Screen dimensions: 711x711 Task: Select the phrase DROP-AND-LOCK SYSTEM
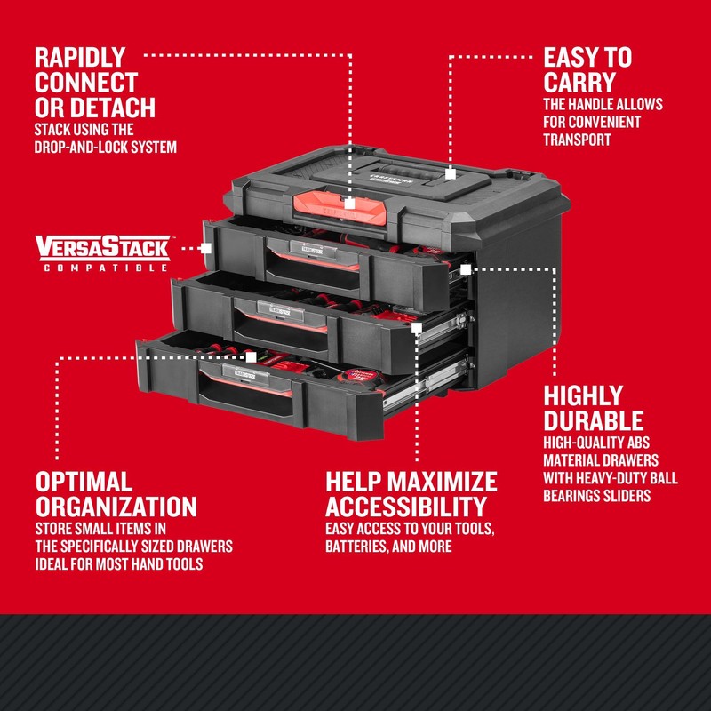106,146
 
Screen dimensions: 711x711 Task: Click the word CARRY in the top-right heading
579,83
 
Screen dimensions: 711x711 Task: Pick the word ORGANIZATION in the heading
116,507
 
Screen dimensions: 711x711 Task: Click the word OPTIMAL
84,483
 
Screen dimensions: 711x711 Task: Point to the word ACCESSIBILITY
406,507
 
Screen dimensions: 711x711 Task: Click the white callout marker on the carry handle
451,175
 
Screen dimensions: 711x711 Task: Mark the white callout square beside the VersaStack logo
206,247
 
